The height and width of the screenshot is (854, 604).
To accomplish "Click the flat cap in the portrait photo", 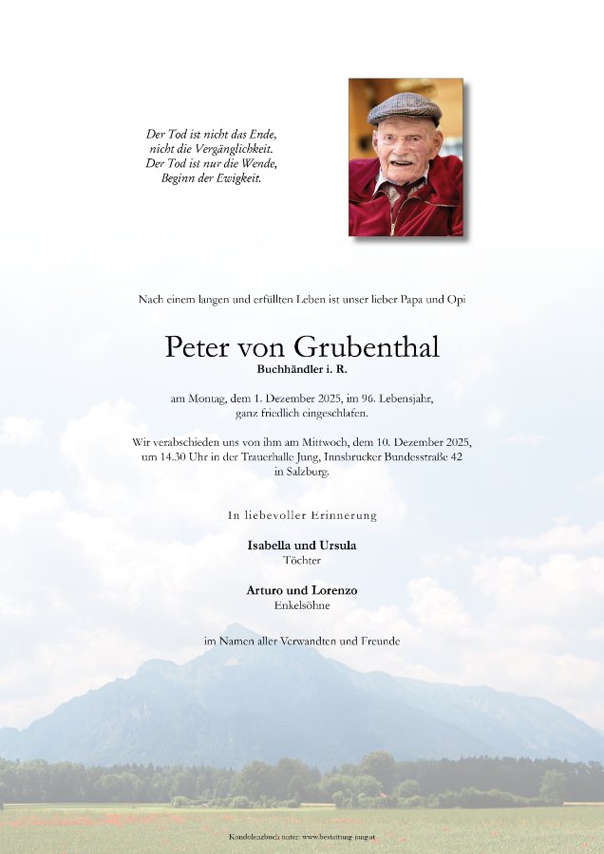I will click(405, 106).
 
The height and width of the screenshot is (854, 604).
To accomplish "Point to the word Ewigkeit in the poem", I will click(237, 177).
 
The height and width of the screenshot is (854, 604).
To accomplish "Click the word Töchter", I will click(301, 560).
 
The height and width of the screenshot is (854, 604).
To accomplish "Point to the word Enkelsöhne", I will click(301, 604).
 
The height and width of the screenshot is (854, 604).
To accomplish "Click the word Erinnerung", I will click(343, 515).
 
